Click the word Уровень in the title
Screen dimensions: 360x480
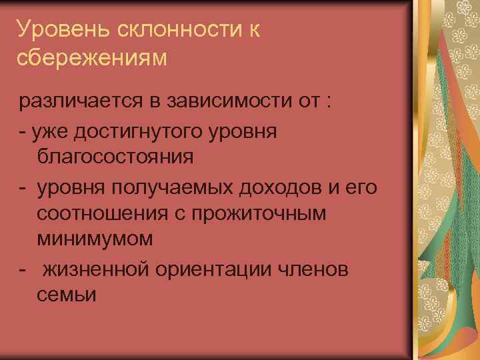click(55, 29)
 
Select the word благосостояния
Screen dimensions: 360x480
click(115, 158)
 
